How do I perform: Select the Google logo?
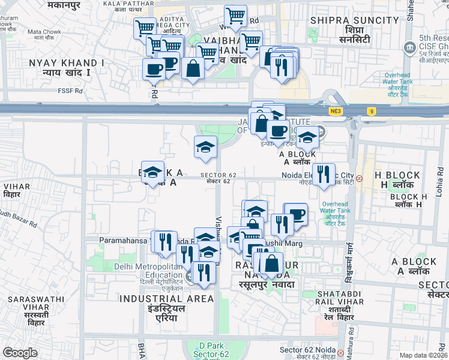(x=20, y=353)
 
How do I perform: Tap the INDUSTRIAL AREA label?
(x=166, y=298)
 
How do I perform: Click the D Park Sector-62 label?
(x=211, y=350)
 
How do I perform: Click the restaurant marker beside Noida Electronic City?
(x=324, y=175)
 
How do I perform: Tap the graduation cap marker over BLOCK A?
(x=152, y=172)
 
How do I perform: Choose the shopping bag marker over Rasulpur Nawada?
(x=271, y=263)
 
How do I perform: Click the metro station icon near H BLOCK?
(x=360, y=178)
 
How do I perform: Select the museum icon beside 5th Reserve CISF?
(x=410, y=46)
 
